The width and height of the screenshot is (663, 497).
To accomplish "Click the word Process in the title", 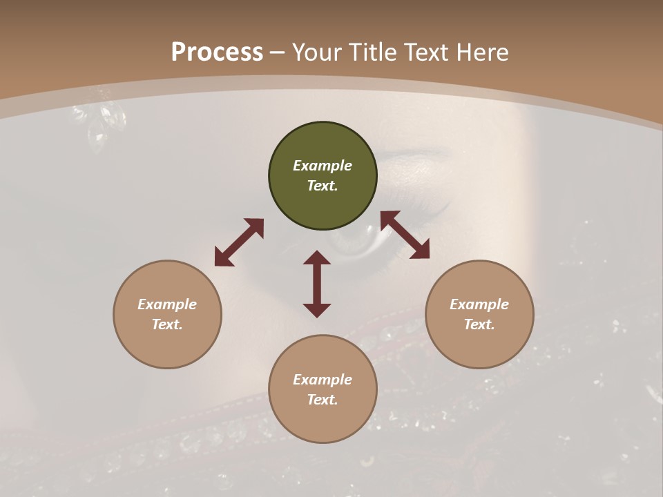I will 217,52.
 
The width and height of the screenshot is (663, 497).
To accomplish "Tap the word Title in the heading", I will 372,52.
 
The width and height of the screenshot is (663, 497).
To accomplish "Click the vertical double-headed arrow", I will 317,284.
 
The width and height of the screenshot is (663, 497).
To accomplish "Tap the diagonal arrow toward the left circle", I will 239,242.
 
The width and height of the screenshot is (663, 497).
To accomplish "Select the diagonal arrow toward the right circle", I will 405,235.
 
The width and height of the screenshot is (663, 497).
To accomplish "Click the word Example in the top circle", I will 323,166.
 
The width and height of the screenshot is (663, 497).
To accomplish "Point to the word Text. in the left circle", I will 167,324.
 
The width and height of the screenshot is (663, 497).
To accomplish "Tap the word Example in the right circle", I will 479,304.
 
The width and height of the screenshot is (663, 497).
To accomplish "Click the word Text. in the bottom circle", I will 323,400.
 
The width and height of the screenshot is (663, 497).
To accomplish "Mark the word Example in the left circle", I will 167,304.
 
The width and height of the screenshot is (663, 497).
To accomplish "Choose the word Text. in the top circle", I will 323,186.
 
